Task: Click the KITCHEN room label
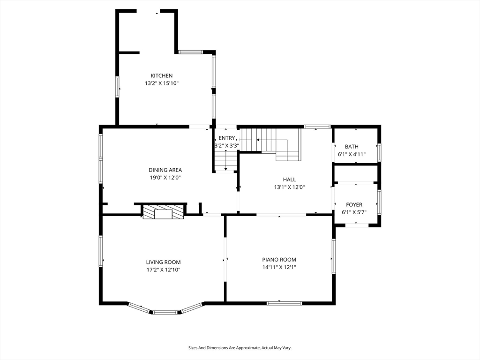click(x=162, y=75)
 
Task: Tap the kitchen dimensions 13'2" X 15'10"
click(x=162, y=83)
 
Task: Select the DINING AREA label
click(x=165, y=170)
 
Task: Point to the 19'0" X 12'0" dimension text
click(x=165, y=178)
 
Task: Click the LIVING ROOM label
click(x=163, y=262)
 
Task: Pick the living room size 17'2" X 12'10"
click(x=163, y=270)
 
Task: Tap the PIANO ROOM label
click(x=279, y=260)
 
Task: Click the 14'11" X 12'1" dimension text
click(x=279, y=267)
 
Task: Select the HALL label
click(x=289, y=180)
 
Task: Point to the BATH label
click(x=352, y=147)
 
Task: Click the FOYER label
click(x=354, y=205)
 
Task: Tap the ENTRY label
click(x=227, y=138)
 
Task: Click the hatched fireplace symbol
click(x=164, y=212)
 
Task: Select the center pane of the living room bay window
click(x=165, y=312)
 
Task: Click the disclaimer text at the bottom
click(x=240, y=348)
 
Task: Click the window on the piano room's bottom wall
click(x=285, y=303)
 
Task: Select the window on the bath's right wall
click(x=379, y=152)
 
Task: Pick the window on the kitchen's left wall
click(x=117, y=87)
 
